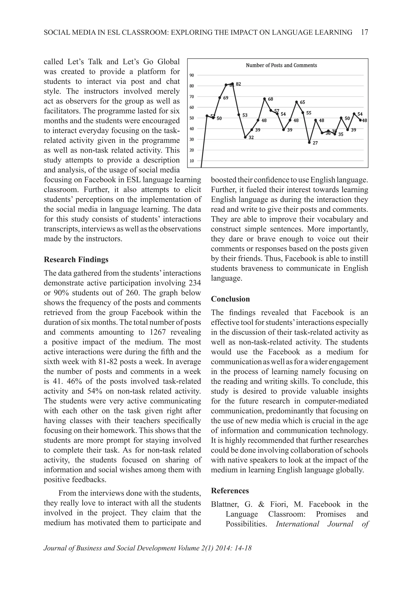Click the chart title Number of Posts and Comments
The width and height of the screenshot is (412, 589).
(281, 65)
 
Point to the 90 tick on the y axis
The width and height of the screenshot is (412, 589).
(192, 75)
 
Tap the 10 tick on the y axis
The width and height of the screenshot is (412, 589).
(192, 161)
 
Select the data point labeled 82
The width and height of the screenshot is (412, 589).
(232, 84)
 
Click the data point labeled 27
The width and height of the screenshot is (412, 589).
(309, 142)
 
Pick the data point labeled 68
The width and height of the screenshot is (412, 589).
(265, 99)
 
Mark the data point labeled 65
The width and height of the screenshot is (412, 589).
(297, 102)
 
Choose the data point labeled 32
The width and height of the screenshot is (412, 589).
(245, 137)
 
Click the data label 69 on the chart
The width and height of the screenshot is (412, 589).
(225, 98)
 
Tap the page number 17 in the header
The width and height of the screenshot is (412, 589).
(364, 32)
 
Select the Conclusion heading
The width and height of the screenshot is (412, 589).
(230, 299)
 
